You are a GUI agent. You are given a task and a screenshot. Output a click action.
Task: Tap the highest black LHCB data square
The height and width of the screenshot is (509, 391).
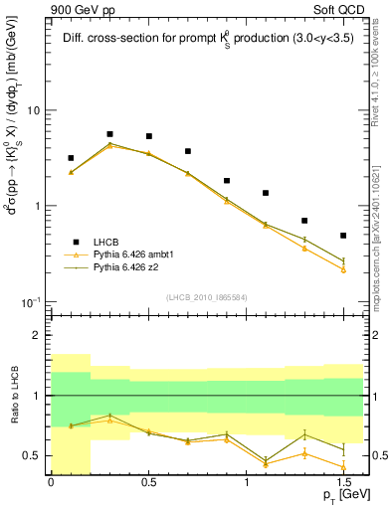[x=109, y=134]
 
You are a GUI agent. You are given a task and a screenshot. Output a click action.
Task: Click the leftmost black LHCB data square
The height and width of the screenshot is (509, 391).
[x=71, y=158]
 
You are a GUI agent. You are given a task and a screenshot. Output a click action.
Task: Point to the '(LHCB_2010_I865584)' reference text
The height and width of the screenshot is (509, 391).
[x=206, y=298]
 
